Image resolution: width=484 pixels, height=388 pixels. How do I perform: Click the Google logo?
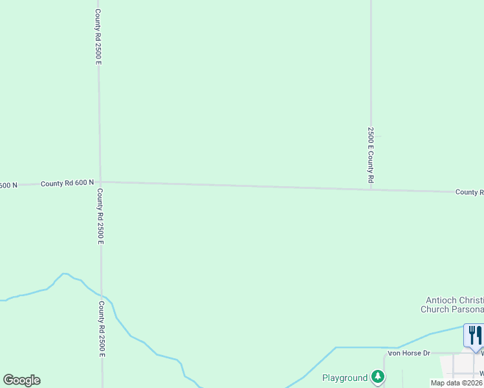(21, 380)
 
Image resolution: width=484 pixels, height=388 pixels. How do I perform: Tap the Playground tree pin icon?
(378, 377)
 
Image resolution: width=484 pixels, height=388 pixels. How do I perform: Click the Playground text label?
(345, 377)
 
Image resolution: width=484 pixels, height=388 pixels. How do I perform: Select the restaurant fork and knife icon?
(475, 336)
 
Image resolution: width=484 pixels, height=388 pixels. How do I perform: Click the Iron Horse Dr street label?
(409, 353)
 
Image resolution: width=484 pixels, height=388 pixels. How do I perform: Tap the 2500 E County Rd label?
(371, 155)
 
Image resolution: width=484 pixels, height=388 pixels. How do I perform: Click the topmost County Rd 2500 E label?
(98, 36)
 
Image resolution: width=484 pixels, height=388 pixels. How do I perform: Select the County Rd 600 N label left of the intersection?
(67, 184)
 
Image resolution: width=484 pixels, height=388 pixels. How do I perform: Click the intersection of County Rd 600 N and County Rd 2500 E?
(100, 182)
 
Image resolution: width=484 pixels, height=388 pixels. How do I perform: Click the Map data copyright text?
(457, 383)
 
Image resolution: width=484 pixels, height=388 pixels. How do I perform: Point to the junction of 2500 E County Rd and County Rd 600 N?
(371, 189)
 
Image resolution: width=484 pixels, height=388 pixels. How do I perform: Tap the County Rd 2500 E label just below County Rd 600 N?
(100, 216)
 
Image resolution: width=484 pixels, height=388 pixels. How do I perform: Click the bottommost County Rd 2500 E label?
(102, 329)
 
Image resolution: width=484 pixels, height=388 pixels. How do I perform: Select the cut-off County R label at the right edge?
(469, 192)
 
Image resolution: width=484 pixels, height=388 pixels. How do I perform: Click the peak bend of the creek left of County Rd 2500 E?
(65, 274)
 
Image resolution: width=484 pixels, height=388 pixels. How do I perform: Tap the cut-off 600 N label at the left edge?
(8, 186)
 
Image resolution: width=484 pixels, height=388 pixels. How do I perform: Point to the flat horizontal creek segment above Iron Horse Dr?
(366, 347)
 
